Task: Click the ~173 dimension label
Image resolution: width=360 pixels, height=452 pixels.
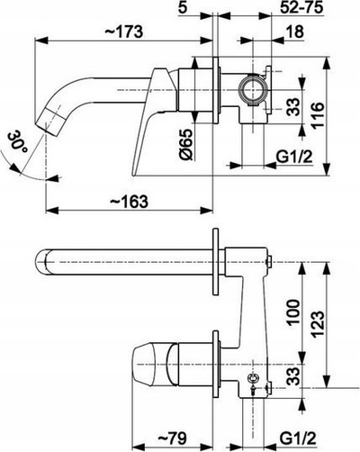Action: pos(123,32)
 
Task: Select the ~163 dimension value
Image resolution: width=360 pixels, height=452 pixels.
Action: pos(129,201)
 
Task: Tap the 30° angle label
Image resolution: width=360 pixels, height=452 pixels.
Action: pos(17,141)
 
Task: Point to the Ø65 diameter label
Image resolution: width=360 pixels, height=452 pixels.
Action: pos(186,144)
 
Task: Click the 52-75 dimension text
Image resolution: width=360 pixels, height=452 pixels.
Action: pos(302,7)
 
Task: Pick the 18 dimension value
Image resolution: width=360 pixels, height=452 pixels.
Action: pos(294,32)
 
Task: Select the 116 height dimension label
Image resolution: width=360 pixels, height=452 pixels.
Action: pos(318,116)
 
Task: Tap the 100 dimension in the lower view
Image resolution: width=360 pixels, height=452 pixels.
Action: pos(293,312)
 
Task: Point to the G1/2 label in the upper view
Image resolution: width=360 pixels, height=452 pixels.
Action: pos(294,157)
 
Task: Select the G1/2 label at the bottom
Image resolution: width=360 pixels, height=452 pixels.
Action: pos(298,438)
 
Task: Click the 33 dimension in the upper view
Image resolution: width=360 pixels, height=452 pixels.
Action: pos(293,107)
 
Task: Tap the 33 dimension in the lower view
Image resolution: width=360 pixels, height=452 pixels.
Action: pos(293,376)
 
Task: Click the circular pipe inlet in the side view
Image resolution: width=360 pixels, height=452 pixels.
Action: pos(253,90)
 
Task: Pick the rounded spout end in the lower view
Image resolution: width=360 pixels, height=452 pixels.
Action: pos(40,262)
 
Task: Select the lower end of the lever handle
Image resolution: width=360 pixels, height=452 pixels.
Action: pos(134,174)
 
